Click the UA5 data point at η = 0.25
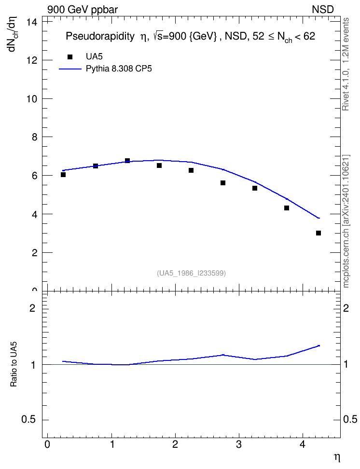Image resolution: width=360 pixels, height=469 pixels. click(x=63, y=175)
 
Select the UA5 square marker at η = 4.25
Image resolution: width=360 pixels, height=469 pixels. click(x=318, y=233)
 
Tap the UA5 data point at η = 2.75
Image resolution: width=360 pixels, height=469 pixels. click(x=223, y=183)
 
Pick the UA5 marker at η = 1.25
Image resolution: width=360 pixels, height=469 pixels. click(x=127, y=161)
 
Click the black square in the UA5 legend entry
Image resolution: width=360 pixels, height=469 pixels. click(x=70, y=57)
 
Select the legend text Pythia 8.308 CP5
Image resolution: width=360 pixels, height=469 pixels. click(x=119, y=69)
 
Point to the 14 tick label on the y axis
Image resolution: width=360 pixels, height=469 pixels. click(x=32, y=22)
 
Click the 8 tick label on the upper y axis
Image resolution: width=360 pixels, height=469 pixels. click(x=34, y=137)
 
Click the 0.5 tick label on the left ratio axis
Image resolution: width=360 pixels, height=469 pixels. click(x=29, y=420)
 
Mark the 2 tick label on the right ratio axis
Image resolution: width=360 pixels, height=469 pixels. click(x=346, y=308)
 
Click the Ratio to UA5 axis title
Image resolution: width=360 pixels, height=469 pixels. click(x=14, y=364)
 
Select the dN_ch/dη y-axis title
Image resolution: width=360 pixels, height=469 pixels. click(x=13, y=34)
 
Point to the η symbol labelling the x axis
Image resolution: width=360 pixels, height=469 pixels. click(x=337, y=457)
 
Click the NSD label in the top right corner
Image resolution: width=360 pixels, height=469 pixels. click(x=323, y=10)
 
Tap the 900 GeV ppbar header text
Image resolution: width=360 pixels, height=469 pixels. click(x=83, y=10)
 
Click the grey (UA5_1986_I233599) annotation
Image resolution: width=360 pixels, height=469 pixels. click(x=191, y=273)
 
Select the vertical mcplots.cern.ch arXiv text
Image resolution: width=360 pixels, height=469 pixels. click(x=346, y=221)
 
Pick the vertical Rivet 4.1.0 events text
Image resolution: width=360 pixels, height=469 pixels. click(x=346, y=64)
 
